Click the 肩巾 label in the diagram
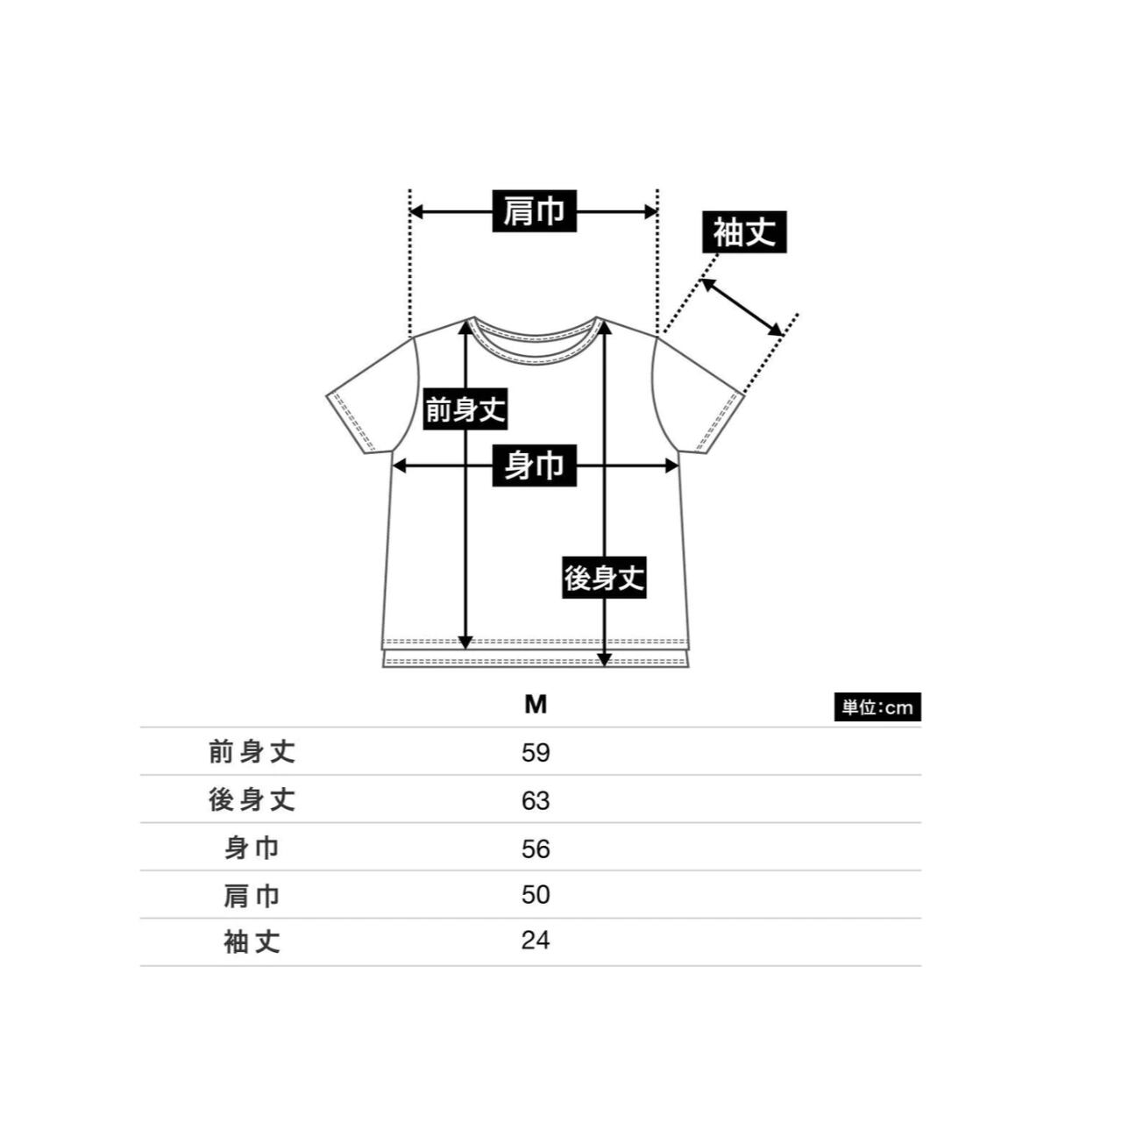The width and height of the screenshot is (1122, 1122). [534, 211]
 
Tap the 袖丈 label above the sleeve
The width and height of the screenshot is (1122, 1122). [744, 233]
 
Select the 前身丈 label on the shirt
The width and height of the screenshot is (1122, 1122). [465, 409]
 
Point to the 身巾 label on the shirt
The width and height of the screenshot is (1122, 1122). [534, 465]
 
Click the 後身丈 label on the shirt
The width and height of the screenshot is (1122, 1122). [604, 579]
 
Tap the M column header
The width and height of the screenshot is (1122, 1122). [536, 705]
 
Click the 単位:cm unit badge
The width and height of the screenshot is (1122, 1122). [877, 707]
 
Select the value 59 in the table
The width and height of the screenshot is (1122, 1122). [536, 753]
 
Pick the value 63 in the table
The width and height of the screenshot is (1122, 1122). [536, 800]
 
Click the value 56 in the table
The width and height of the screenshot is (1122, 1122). [536, 849]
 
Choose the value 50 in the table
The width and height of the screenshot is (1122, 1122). [536, 895]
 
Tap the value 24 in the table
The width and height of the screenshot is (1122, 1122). [536, 941]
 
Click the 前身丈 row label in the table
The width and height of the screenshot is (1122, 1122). [252, 752]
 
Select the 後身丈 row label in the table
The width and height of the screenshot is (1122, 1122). [252, 799]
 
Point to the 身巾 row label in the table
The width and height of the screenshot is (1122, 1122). [252, 848]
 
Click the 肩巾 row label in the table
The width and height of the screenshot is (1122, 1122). [252, 895]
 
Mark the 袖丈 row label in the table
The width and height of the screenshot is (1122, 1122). [252, 942]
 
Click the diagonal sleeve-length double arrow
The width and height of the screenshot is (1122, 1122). [742, 306]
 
